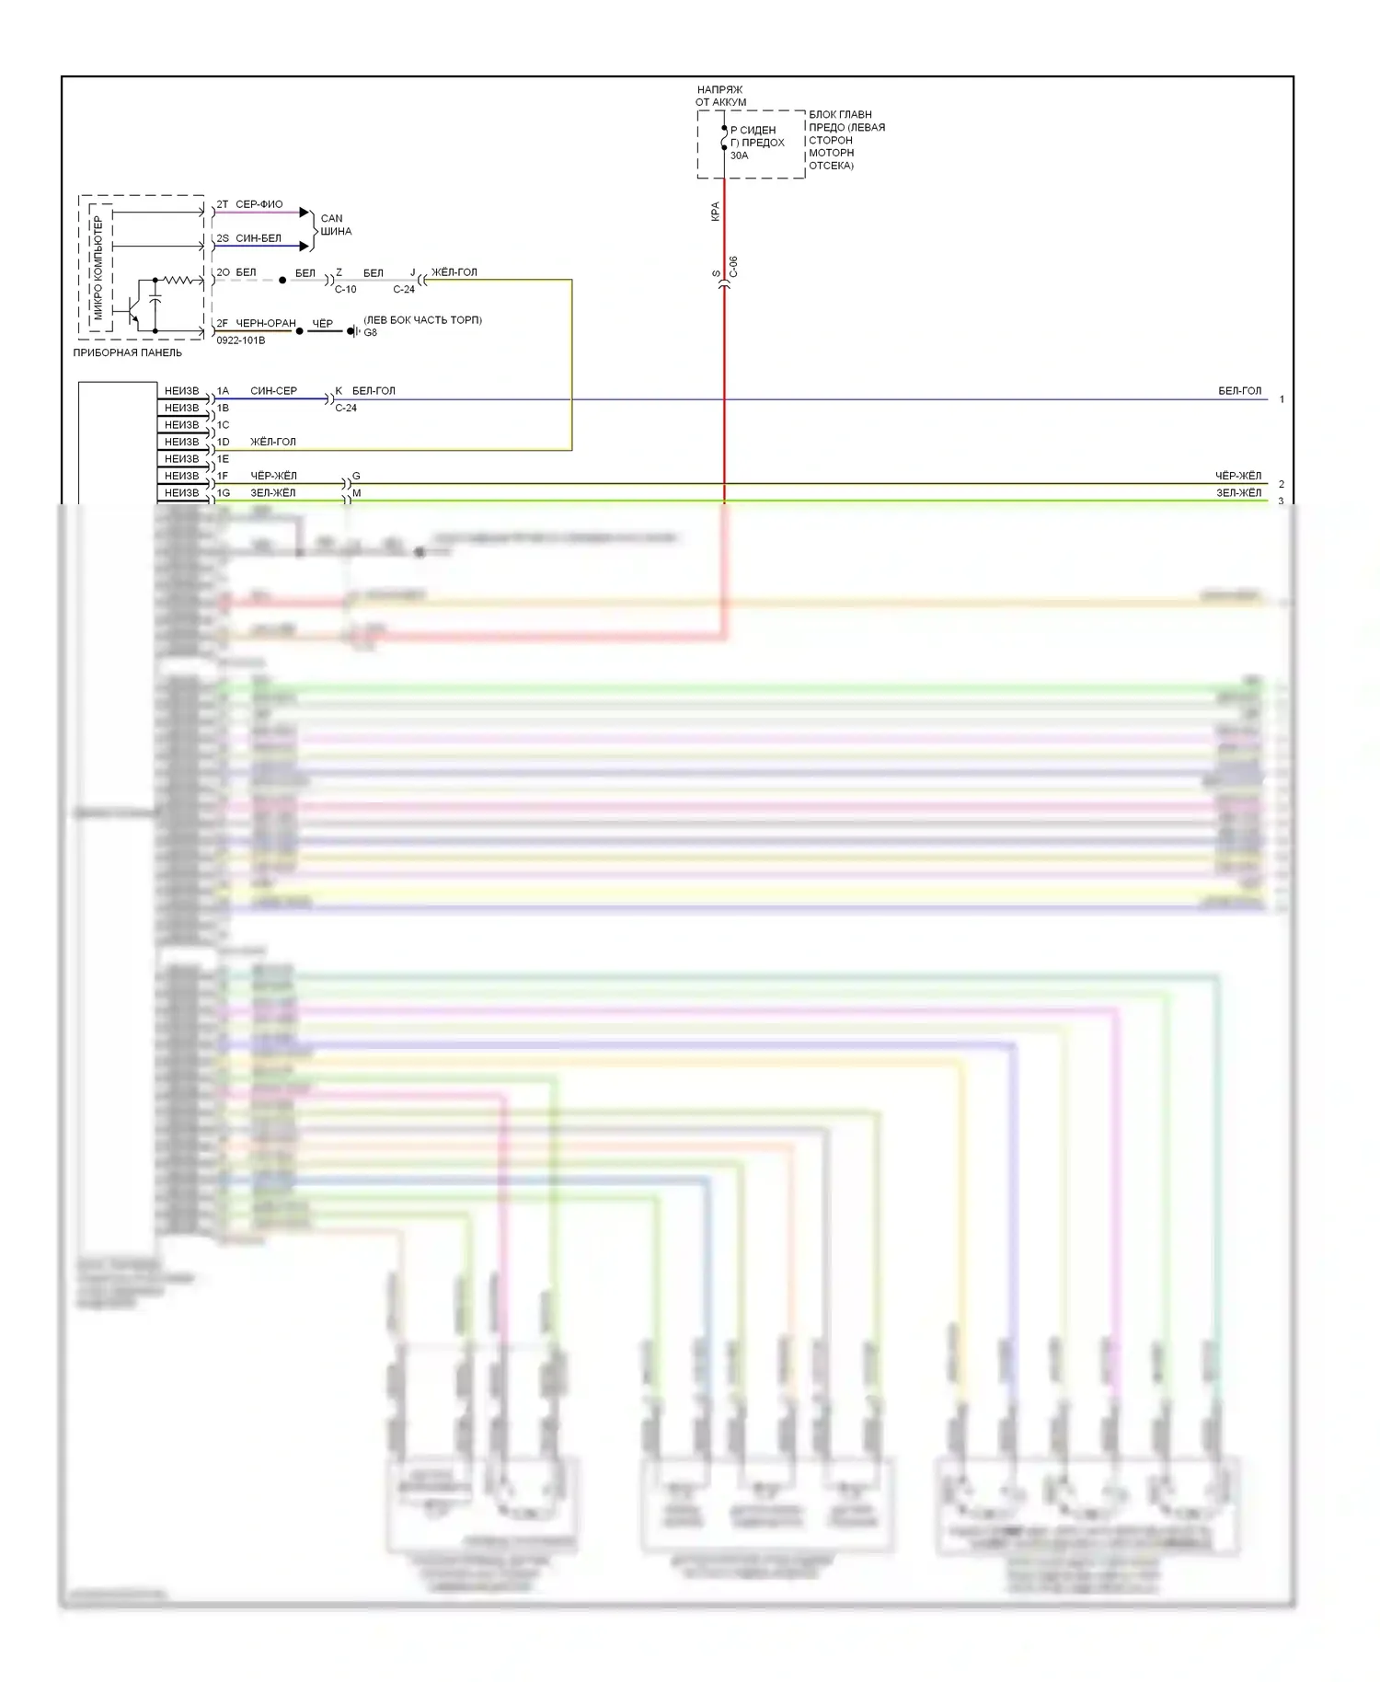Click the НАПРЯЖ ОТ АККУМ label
(720, 96)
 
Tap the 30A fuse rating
(739, 156)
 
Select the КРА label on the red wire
(715, 212)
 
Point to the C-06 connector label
(733, 267)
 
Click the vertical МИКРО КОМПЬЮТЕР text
(98, 267)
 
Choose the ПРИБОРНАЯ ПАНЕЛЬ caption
(127, 352)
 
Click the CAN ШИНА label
(335, 225)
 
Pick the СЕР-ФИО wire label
(259, 204)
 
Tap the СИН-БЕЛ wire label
(259, 238)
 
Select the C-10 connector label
(345, 289)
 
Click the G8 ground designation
(370, 332)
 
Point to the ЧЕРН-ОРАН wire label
(266, 323)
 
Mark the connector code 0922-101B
(240, 340)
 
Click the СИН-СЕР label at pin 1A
(273, 391)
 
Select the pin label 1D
(223, 442)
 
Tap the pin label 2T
(223, 204)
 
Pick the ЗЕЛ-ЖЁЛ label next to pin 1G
(273, 493)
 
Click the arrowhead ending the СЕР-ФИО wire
(305, 213)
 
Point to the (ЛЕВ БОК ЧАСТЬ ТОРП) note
(422, 320)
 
